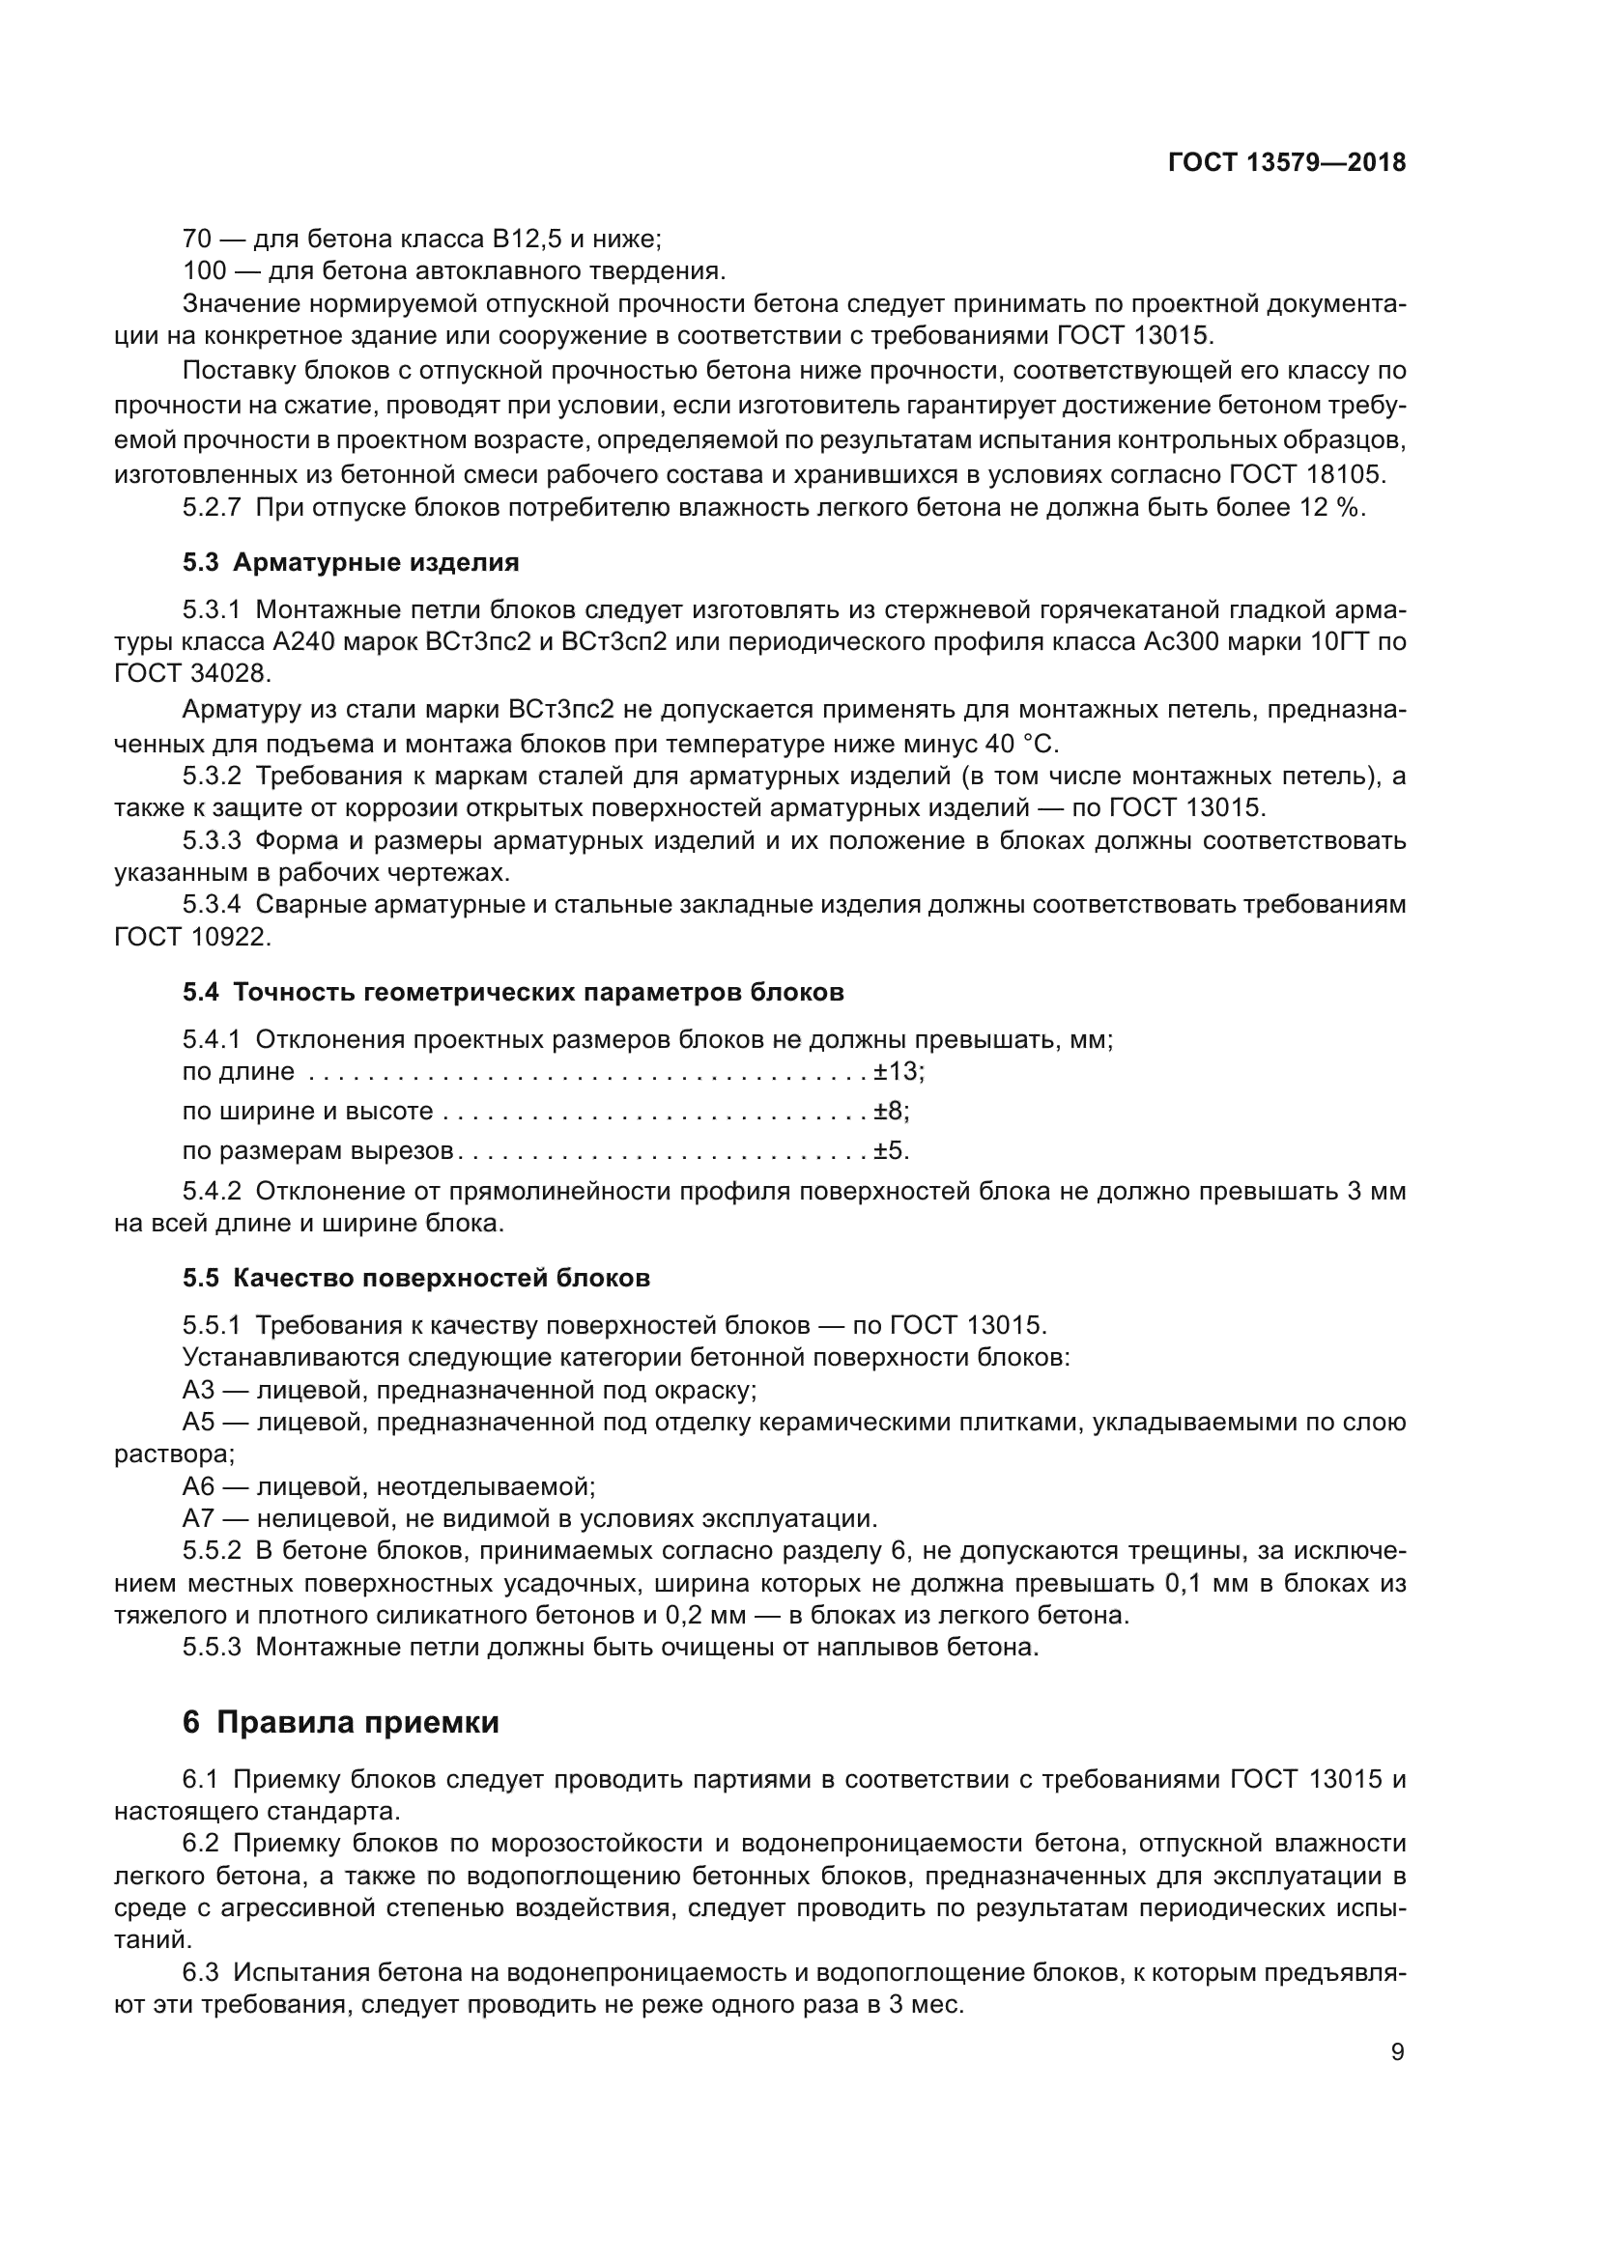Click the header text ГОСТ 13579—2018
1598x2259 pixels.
pos(1286,163)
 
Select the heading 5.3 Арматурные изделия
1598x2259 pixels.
pos(351,563)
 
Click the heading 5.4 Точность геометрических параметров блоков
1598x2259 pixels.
pos(513,992)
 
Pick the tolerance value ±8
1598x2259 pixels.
pos(890,1111)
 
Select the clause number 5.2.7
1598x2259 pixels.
pos(212,508)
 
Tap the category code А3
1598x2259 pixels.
pos(198,1390)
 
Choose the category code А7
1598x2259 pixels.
pos(198,1518)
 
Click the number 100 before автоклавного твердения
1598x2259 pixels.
pos(205,269)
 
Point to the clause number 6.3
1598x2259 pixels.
pos(200,1971)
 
